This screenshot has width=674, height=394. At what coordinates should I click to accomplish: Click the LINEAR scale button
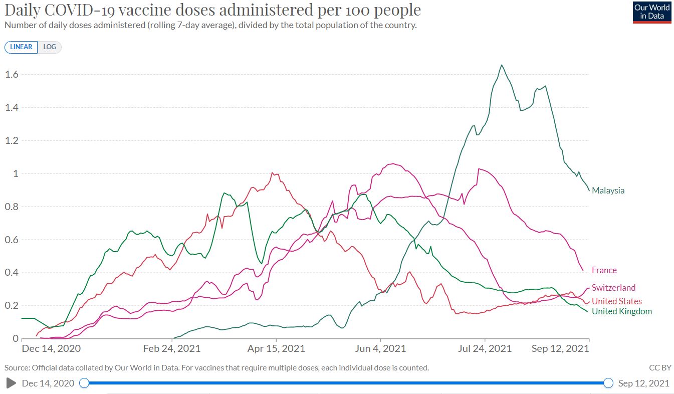click(21, 47)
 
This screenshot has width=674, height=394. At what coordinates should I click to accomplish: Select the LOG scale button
click(50, 47)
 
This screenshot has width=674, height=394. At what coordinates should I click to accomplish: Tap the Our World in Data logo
click(651, 12)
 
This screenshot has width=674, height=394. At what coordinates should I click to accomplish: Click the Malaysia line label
click(608, 190)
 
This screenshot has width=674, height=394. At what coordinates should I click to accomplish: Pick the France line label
click(604, 270)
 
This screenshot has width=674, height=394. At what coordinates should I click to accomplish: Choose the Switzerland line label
click(613, 288)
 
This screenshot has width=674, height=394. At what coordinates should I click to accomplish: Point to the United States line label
click(616, 301)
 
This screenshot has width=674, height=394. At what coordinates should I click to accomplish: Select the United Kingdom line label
click(621, 311)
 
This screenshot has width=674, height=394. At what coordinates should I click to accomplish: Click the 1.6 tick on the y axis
click(12, 75)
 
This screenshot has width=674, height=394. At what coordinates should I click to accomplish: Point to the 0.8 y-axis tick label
click(12, 207)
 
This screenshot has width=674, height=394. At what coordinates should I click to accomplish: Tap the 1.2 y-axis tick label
click(12, 141)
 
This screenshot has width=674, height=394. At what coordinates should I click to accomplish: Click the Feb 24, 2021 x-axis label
click(172, 348)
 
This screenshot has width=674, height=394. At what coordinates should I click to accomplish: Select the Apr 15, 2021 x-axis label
click(276, 348)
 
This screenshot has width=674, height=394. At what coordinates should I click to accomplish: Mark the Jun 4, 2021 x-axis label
click(381, 348)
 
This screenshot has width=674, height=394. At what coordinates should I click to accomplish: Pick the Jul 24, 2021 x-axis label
click(485, 348)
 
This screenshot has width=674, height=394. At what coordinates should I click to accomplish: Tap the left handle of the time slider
click(84, 383)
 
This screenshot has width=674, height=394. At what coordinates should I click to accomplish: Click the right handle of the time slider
click(608, 383)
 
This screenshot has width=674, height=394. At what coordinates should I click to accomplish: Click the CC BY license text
click(660, 368)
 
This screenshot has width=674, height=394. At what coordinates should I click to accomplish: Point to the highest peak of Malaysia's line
click(502, 65)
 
